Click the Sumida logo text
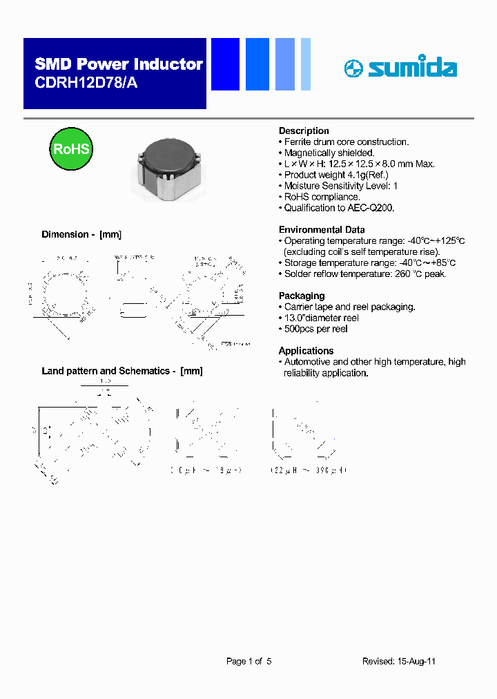point(411,68)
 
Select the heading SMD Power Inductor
point(118,64)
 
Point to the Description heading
point(304,131)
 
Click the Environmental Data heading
point(322,229)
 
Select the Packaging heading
point(301,296)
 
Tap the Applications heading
point(306,350)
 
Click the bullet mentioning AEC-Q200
point(339,208)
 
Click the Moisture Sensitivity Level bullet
point(340,186)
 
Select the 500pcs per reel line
point(315,329)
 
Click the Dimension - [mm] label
point(81,235)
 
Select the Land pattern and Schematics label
point(122,371)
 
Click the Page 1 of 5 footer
point(248,661)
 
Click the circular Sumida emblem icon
point(353,68)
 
